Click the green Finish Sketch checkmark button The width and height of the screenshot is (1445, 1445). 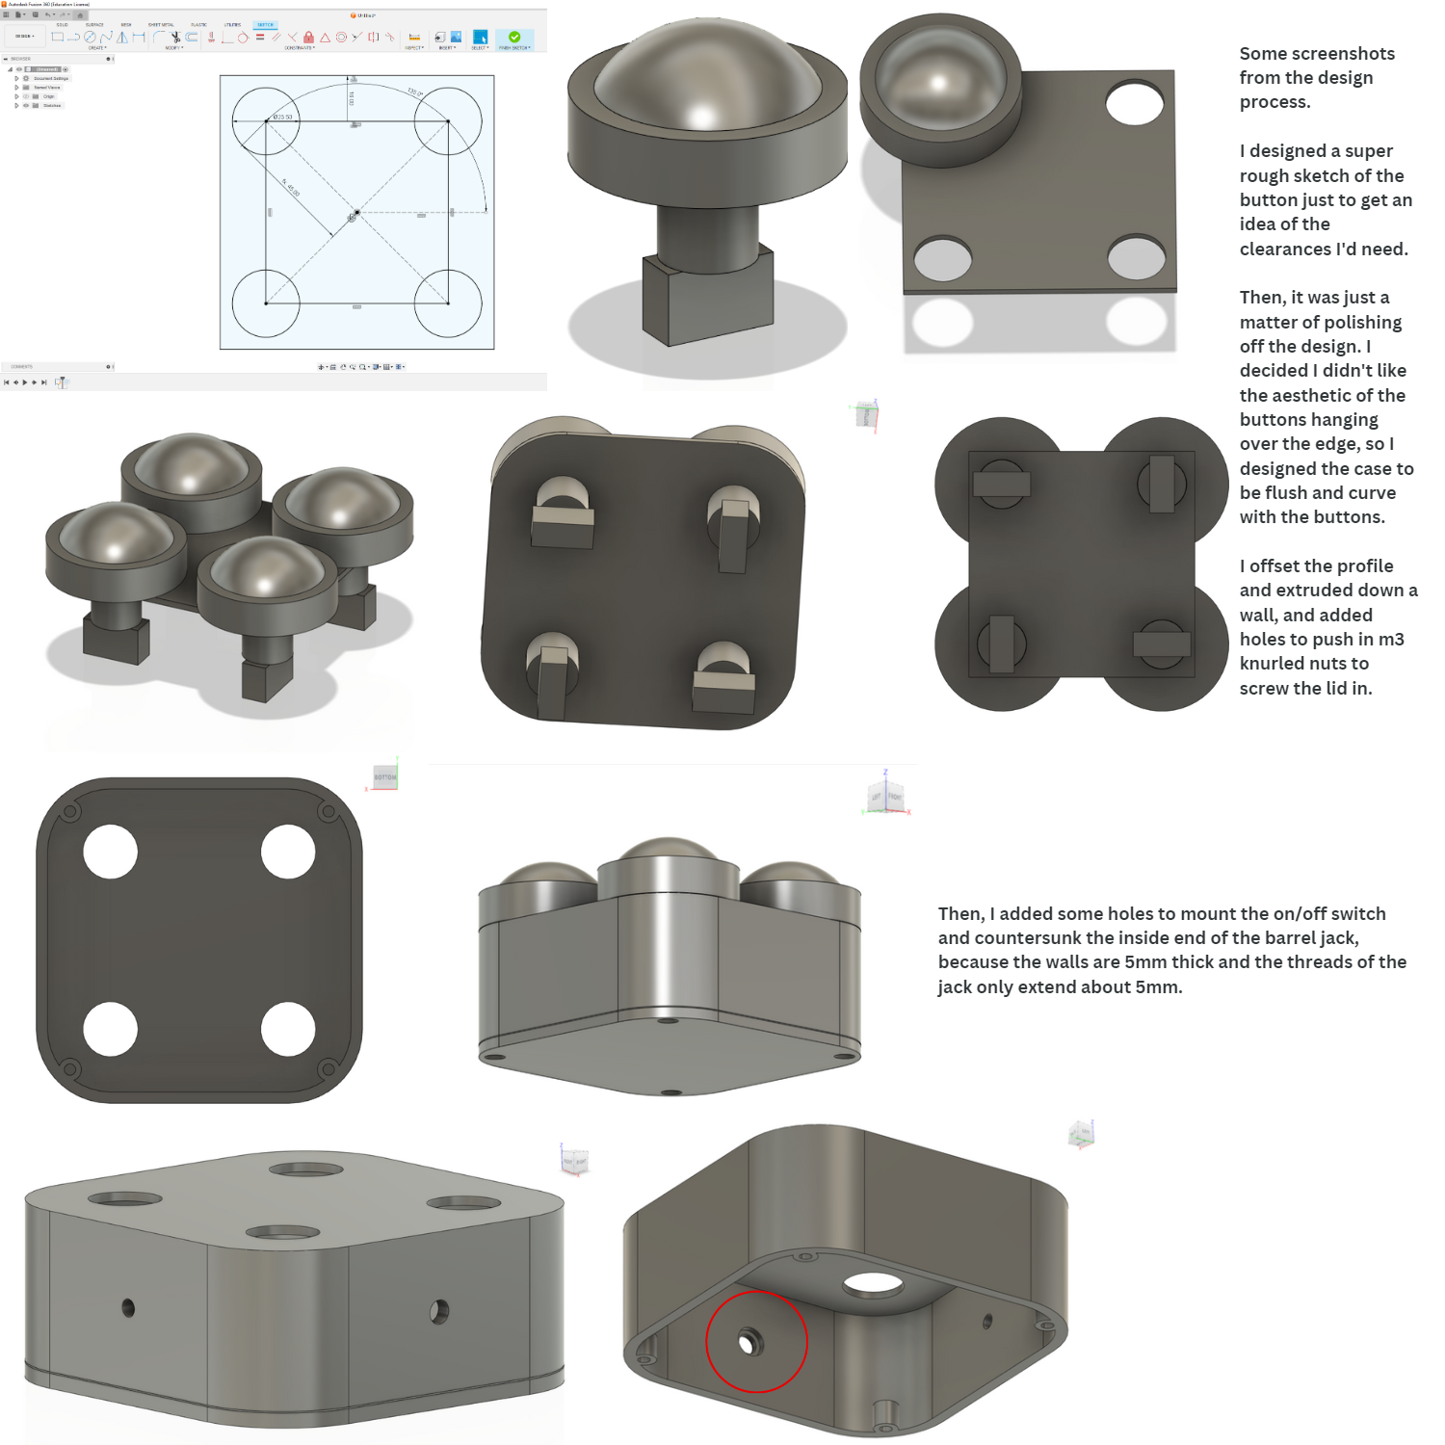pyautogui.click(x=514, y=38)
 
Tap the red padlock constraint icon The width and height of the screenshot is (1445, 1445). pyautogui.click(x=308, y=38)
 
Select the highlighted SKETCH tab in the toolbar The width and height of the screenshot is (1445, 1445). pyautogui.click(x=265, y=25)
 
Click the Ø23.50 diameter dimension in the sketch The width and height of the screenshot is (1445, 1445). pyautogui.click(x=282, y=117)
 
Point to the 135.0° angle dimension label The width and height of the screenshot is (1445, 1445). pyautogui.click(x=414, y=92)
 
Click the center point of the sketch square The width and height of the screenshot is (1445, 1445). pyautogui.click(x=357, y=212)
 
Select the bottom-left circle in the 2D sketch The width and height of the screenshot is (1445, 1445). pyautogui.click(x=266, y=302)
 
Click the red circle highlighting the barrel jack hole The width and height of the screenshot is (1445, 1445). pyautogui.click(x=756, y=1341)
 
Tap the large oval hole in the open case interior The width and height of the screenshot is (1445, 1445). pyautogui.click(x=873, y=1283)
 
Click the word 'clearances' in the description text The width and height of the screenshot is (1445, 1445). pyautogui.click(x=1285, y=250)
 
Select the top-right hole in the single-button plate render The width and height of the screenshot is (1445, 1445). pyautogui.click(x=1135, y=103)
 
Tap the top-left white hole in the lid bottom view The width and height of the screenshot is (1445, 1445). pyautogui.click(x=110, y=852)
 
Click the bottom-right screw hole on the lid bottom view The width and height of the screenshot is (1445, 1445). pyautogui.click(x=328, y=1068)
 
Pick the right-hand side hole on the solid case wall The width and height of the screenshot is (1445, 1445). pyautogui.click(x=439, y=1311)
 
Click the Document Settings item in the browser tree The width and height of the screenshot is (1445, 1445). pyautogui.click(x=50, y=78)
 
